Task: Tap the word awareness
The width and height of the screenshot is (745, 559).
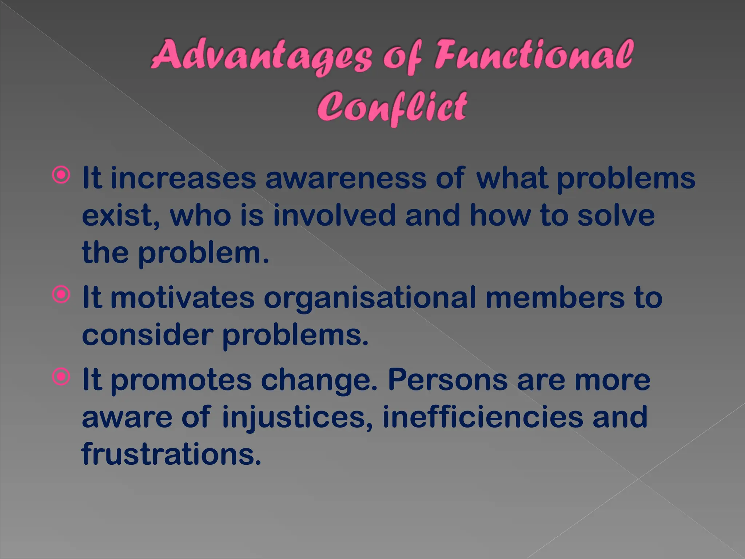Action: pos(346,178)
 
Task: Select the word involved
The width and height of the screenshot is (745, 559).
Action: pos(334,215)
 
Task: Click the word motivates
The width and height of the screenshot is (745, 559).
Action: pos(182,298)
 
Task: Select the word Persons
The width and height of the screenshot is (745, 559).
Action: pos(448,380)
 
